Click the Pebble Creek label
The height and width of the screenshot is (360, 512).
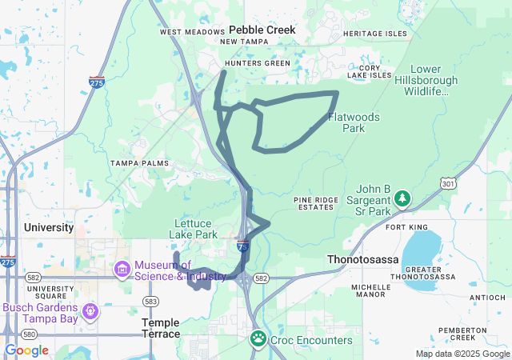(262, 30)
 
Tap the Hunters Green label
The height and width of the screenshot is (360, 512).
(257, 62)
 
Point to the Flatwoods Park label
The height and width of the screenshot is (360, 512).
(354, 122)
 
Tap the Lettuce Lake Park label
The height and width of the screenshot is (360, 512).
(193, 230)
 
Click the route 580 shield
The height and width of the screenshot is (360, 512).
(29, 334)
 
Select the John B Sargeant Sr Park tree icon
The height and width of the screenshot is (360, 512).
(403, 197)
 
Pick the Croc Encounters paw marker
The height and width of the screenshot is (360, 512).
(258, 339)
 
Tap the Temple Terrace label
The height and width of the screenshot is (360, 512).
(160, 327)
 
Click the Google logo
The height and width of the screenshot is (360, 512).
(26, 350)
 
